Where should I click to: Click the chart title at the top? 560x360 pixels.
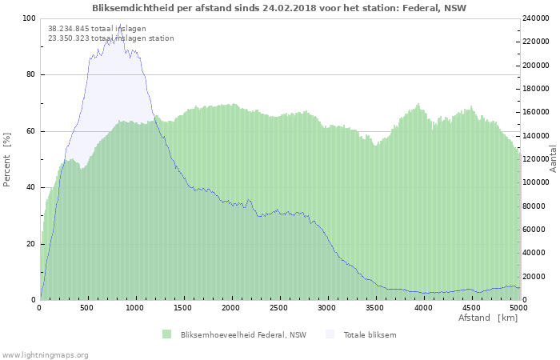click(279, 8)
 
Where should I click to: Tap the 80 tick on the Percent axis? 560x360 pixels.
click(30, 75)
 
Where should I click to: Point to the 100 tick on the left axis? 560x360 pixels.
click(29, 18)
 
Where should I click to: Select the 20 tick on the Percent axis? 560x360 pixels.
click(30, 244)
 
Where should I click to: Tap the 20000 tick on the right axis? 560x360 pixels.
click(534, 277)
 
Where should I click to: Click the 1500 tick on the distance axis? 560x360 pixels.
click(183, 308)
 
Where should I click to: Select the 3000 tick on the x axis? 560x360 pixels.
click(327, 308)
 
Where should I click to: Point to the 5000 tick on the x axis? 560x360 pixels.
click(518, 308)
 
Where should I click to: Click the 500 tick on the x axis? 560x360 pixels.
click(87, 308)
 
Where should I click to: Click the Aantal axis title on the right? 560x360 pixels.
click(553, 159)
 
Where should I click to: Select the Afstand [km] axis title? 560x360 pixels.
click(488, 318)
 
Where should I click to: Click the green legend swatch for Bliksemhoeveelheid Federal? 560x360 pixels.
click(166, 334)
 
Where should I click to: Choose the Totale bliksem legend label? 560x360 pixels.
click(370, 334)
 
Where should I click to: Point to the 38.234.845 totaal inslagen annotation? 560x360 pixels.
click(97, 28)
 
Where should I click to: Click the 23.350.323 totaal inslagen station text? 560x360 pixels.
click(110, 38)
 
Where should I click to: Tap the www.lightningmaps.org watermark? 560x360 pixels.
click(45, 354)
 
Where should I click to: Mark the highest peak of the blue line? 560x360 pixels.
click(121, 25)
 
